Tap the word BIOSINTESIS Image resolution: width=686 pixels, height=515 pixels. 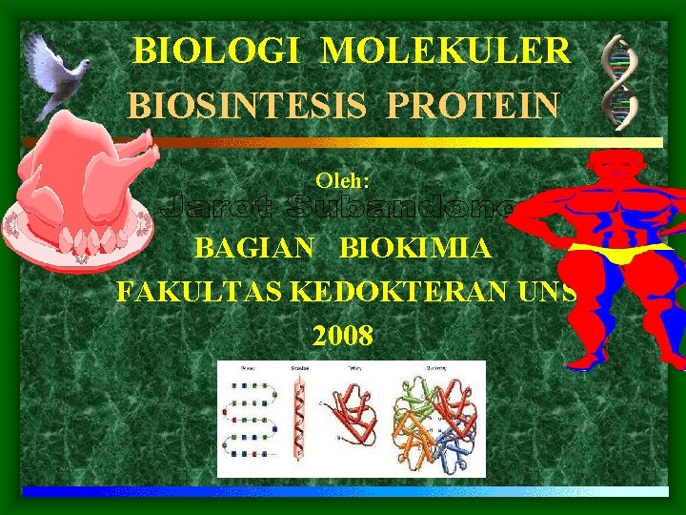(247, 103)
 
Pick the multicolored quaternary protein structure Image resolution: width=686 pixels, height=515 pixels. (438, 420)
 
